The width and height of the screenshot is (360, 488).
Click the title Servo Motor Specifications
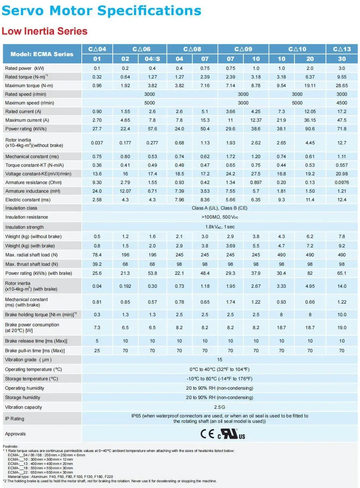pyautogui.click(x=102, y=10)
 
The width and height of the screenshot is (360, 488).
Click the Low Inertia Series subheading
pyautogui.click(x=45, y=31)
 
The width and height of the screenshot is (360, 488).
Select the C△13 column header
pyautogui.click(x=342, y=49)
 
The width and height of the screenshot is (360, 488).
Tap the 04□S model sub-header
pyautogui.click(x=152, y=59)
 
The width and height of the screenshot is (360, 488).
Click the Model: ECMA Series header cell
pyautogui.click(x=42, y=54)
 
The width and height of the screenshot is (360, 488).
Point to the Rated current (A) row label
pyautogui.click(x=23, y=111)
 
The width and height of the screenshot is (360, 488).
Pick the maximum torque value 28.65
pyautogui.click(x=342, y=85)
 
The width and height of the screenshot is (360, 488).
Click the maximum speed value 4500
pyautogui.click(x=342, y=103)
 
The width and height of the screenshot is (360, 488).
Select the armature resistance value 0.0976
pyautogui.click(x=342, y=182)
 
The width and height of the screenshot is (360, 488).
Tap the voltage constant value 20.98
pyautogui.click(x=342, y=174)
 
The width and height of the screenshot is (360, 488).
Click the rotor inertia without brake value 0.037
pyautogui.click(x=97, y=143)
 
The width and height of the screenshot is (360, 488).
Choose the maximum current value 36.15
pyautogui.click(x=310, y=120)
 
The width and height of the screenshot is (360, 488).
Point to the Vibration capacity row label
pyautogui.click(x=23, y=407)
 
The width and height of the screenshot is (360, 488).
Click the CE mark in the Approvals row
pyautogui.click(x=207, y=434)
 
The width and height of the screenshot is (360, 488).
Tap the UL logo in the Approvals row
pyautogui.click(x=231, y=434)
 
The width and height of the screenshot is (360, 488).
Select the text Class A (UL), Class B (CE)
pyautogui.click(x=220, y=208)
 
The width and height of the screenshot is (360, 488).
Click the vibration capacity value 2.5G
pyautogui.click(x=220, y=407)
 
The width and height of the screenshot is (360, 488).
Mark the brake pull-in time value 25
pyautogui.click(x=97, y=350)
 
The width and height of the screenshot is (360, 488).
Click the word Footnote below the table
pyautogui.click(x=10, y=447)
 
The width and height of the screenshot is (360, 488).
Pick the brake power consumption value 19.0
pyautogui.click(x=342, y=327)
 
